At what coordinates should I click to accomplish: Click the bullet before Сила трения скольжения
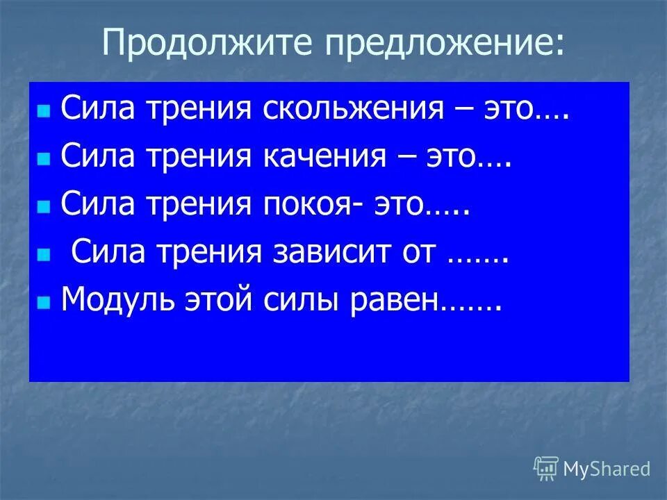(44, 112)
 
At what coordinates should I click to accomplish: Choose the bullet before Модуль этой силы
(44, 303)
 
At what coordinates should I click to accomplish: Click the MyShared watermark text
(607, 469)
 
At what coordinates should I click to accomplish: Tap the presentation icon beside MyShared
(546, 469)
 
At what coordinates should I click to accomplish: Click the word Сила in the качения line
(91, 158)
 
